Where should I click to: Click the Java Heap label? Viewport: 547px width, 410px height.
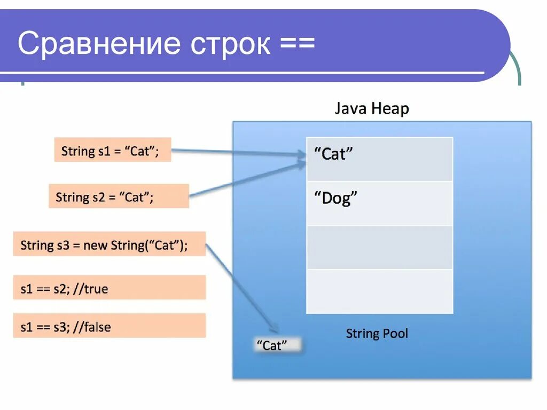click(372, 109)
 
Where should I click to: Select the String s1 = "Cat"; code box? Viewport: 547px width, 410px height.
click(112, 151)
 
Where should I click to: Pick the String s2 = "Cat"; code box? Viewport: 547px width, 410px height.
click(119, 196)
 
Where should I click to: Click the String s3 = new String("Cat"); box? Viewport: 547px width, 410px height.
click(109, 245)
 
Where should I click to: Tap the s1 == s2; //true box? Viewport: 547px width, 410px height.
click(109, 288)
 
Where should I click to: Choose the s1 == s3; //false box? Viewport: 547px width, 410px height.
click(109, 326)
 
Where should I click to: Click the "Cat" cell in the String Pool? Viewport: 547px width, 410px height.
click(379, 159)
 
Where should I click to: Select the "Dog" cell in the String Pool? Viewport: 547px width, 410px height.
click(379, 203)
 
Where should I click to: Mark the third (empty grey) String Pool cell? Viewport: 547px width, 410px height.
click(379, 247)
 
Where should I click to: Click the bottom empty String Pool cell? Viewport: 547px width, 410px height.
click(379, 291)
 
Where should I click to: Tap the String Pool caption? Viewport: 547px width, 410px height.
click(377, 334)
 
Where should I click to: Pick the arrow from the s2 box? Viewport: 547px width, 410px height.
click(246, 180)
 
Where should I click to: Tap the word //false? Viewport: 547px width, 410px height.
click(93, 326)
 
